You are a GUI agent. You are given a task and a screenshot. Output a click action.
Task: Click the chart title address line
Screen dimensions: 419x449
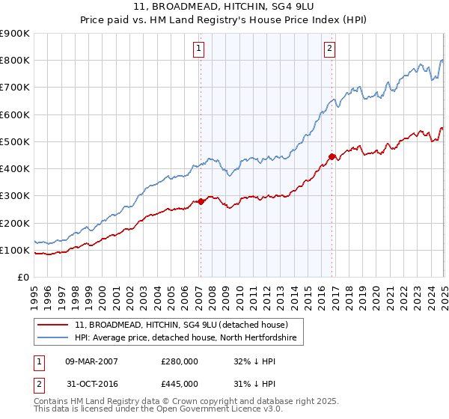point(224,7)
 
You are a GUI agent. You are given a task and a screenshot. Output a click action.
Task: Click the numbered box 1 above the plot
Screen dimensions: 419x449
point(199,49)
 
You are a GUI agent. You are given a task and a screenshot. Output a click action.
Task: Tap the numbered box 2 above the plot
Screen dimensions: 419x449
point(330,49)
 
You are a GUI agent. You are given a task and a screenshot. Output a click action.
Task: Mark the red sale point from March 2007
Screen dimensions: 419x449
point(201,201)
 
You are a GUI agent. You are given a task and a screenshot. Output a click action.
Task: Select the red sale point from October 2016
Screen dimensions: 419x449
point(332,156)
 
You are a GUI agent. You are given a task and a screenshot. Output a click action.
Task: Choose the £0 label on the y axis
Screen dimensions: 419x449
point(22,278)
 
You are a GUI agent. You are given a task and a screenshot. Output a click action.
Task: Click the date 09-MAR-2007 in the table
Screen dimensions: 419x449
point(92,361)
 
